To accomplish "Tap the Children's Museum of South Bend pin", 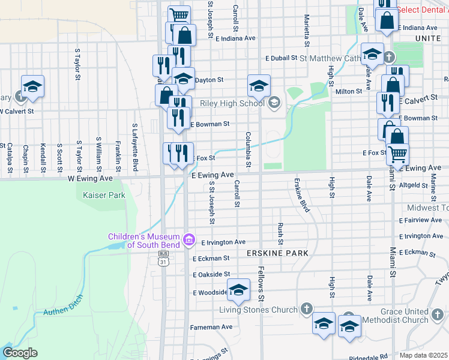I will pos(189,240).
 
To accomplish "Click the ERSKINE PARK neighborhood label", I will pos(277,253).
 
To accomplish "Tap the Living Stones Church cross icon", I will pos(306,309).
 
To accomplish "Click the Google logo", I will pos(20,353).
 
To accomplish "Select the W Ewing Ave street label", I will pos(90,178).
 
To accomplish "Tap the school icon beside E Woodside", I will pos(238,290).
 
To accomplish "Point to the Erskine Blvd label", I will pos(301,195).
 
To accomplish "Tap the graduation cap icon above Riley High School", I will pos(259,85).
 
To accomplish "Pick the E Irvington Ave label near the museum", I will pos(223,242).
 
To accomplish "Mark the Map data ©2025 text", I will pos(424,355).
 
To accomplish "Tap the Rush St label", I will pos(280,229).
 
